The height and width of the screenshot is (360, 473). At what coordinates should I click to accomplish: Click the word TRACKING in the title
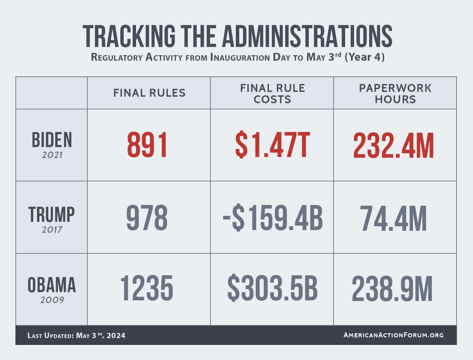129,36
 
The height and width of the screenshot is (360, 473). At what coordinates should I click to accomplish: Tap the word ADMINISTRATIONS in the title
307,36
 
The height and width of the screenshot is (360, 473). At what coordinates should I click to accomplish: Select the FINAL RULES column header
149,93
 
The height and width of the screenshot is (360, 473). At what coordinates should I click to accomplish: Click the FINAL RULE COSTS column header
272,94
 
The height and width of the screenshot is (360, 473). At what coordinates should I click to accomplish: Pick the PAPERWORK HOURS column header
395,94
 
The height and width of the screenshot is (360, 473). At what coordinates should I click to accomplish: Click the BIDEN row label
52,140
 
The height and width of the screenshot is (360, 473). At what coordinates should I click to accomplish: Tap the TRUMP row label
51,215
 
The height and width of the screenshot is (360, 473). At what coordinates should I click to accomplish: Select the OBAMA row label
52,285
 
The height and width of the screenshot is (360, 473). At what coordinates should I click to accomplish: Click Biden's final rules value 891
147,146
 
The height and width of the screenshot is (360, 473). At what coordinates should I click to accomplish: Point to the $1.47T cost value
272,146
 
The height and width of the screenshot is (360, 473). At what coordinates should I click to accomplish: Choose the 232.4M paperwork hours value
393,146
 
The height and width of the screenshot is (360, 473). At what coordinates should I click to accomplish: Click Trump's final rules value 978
147,218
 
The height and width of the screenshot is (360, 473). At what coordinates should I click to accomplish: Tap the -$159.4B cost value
272,218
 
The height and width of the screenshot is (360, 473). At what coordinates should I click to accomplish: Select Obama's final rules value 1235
147,289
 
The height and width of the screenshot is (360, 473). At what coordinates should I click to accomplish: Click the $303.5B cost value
272,289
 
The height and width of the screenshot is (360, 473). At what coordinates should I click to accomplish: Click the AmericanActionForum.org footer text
393,335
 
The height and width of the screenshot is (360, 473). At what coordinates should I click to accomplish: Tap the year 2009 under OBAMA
52,300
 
